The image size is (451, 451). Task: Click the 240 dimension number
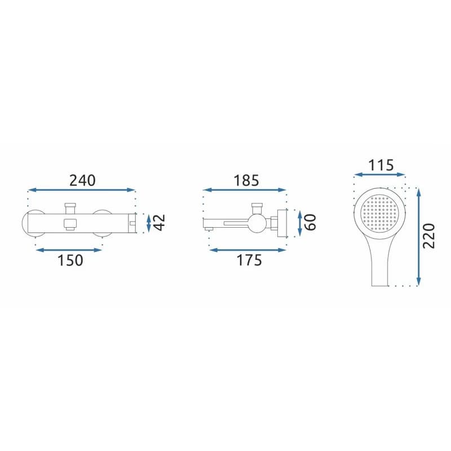pyautogui.click(x=82, y=180)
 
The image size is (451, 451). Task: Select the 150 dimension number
pyautogui.click(x=70, y=260)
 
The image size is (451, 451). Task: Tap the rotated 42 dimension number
pyautogui.click(x=159, y=222)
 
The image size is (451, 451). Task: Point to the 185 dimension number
pyautogui.click(x=246, y=180)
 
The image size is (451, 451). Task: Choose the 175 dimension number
pyautogui.click(x=249, y=260)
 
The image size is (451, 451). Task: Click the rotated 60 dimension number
pyautogui.click(x=310, y=222)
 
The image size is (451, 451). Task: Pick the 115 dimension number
pyautogui.click(x=381, y=165)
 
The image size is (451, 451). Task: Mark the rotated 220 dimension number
pyautogui.click(x=428, y=236)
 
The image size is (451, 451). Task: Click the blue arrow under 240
pyautogui.click(x=82, y=190)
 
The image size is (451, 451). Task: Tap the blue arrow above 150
pyautogui.click(x=69, y=250)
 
